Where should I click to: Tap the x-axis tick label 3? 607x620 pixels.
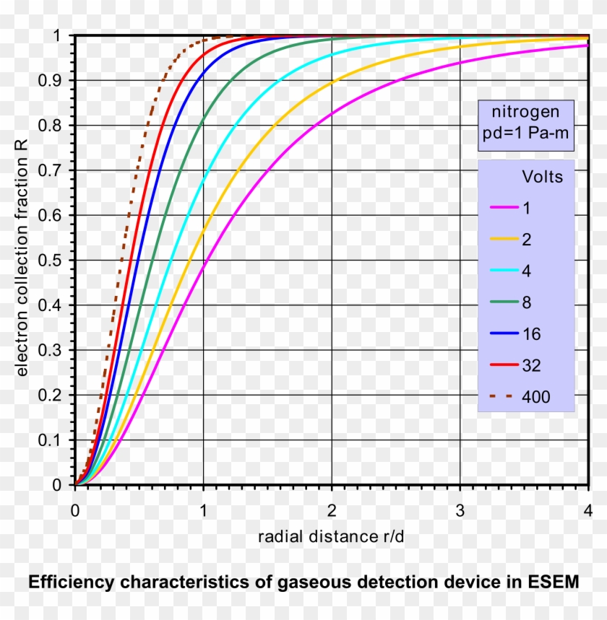(460, 510)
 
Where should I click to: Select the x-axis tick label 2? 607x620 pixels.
(332, 510)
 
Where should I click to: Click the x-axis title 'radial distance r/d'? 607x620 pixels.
(332, 537)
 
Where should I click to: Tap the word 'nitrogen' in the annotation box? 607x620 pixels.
(525, 113)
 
